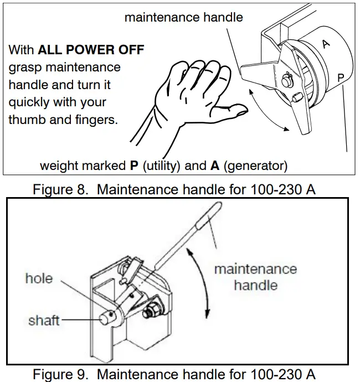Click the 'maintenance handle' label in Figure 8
click(x=183, y=17)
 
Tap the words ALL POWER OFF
click(x=91, y=50)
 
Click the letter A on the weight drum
click(x=326, y=44)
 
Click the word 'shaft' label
click(x=44, y=320)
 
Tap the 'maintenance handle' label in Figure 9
click(x=255, y=277)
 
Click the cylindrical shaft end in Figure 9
click(x=106, y=319)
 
